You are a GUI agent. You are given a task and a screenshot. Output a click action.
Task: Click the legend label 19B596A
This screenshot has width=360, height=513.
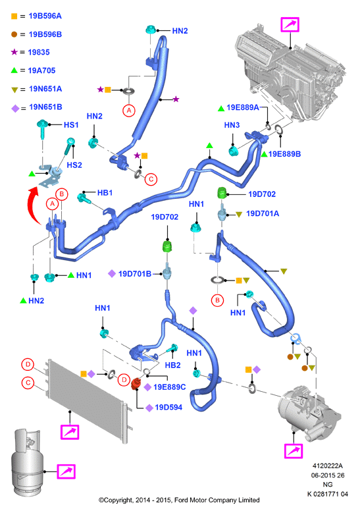[x=45, y=16]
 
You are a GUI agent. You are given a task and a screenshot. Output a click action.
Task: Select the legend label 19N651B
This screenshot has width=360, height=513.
[x=45, y=107]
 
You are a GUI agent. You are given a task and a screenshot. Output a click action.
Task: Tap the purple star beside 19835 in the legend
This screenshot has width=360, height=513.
[x=14, y=52]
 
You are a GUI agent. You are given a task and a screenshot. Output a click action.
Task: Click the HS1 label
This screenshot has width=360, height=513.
[x=71, y=124]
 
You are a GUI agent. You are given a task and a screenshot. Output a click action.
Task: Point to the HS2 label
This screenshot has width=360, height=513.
[x=74, y=165]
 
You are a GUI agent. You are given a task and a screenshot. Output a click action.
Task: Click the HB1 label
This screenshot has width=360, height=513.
[x=105, y=193]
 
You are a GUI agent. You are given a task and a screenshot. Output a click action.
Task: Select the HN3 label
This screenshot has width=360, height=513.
[x=232, y=125]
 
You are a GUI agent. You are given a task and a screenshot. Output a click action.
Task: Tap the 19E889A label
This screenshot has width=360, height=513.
[x=243, y=107]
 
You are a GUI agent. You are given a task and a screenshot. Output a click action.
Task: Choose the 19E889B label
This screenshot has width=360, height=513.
[x=284, y=154]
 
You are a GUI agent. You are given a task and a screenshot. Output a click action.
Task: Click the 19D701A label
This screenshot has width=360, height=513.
[x=263, y=213]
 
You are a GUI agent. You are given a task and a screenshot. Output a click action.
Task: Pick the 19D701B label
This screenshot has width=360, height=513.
[x=135, y=273]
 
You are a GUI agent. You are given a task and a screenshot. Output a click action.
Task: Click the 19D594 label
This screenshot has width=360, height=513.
[x=168, y=407]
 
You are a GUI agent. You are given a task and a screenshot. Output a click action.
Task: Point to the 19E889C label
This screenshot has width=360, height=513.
[x=169, y=387]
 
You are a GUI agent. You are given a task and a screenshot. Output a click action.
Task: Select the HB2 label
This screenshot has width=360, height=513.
[x=172, y=365]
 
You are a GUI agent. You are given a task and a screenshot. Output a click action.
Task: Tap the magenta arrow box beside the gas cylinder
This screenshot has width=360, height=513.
[x=66, y=472]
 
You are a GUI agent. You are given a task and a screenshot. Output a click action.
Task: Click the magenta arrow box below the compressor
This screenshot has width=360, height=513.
[x=294, y=451]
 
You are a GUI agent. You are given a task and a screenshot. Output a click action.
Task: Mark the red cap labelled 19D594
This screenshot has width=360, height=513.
[x=136, y=384]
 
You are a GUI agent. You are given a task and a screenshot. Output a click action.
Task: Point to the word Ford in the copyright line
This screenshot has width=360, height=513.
[x=181, y=500]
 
